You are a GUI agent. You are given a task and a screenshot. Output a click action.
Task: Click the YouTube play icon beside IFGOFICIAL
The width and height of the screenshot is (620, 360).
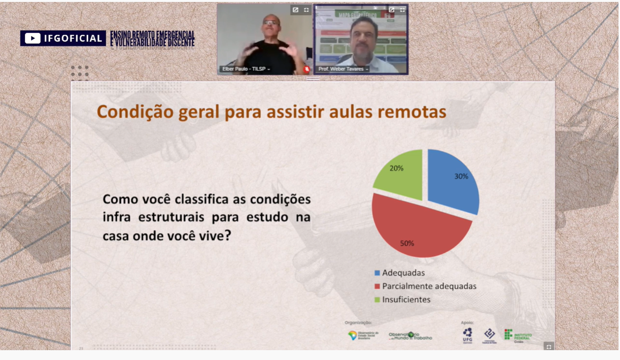(x=33, y=38)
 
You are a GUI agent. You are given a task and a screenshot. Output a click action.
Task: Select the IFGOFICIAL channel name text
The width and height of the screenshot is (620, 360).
(x=72, y=38)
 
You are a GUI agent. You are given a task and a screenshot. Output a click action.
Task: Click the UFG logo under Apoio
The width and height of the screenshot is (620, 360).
(x=467, y=335)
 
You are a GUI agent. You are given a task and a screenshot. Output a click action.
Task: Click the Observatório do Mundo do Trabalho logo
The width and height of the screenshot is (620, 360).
(x=410, y=336)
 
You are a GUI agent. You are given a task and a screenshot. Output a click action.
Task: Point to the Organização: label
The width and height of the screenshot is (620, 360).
(x=358, y=323)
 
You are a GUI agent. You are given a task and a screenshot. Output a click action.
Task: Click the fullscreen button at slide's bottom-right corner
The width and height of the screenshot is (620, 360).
(x=549, y=347)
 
